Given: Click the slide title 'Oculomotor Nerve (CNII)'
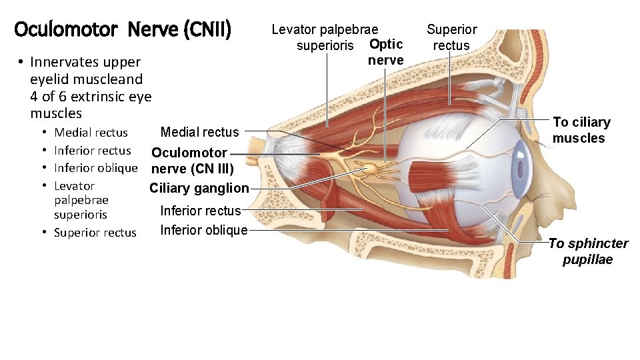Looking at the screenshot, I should tap(122, 30).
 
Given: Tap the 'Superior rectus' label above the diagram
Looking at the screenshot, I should tap(451, 37).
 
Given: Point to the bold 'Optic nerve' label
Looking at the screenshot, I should tap(386, 52).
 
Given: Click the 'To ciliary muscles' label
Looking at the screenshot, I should tap(581, 130).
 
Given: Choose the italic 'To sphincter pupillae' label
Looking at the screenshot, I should tap(588, 251).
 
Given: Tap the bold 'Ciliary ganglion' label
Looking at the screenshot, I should tap(199, 188).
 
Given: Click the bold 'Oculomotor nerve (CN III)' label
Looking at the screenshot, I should tap(192, 160).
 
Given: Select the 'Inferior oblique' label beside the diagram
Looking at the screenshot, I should tap(204, 231).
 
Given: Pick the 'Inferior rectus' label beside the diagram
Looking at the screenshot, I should tap(201, 211).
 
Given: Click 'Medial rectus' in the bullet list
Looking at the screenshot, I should tap(91, 133).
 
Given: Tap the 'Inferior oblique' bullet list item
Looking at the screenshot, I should tap(95, 168).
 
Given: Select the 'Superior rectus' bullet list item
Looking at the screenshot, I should tap(95, 233).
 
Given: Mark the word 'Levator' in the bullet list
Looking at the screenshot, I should tap(74, 186).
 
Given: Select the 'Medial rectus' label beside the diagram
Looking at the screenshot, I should tap(199, 132).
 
